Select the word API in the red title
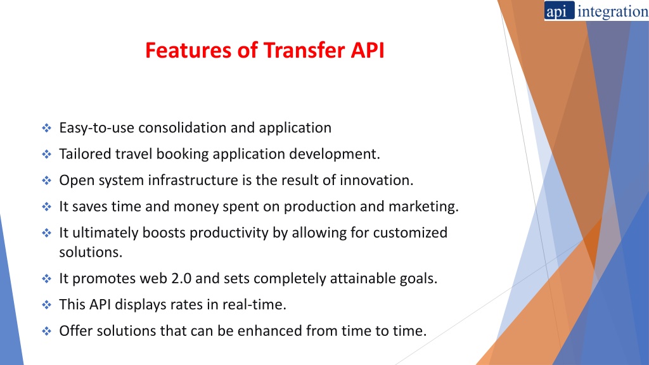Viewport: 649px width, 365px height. point(368,50)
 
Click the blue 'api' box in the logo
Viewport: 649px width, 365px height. point(559,10)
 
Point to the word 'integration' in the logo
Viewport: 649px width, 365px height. point(613,11)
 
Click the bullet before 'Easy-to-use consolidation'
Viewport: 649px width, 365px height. point(46,128)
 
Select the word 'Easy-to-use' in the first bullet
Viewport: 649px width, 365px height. point(97,128)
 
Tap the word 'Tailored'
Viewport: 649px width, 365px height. point(85,154)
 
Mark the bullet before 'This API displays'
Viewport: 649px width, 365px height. point(46,305)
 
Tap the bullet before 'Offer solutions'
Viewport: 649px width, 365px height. point(46,331)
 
